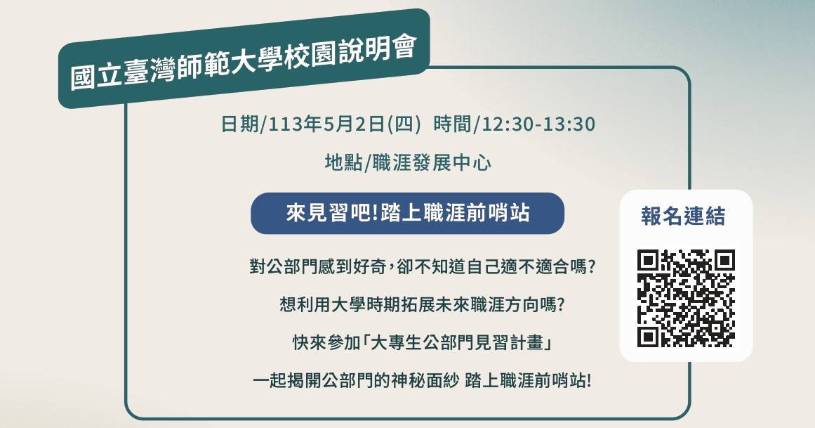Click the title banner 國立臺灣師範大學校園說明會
click(244, 58)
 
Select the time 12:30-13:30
click(538, 124)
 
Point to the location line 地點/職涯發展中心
click(408, 162)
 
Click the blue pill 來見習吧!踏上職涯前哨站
click(407, 214)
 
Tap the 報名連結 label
click(683, 216)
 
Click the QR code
click(686, 299)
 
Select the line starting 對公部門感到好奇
click(422, 266)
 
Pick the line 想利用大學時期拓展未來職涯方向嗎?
click(422, 304)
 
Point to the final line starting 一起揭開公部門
click(422, 381)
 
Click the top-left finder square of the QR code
click(648, 260)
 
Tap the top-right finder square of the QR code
click(724, 260)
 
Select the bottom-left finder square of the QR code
click(648, 337)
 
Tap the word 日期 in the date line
click(239, 124)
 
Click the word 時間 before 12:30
click(452, 124)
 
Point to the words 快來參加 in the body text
click(326, 342)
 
